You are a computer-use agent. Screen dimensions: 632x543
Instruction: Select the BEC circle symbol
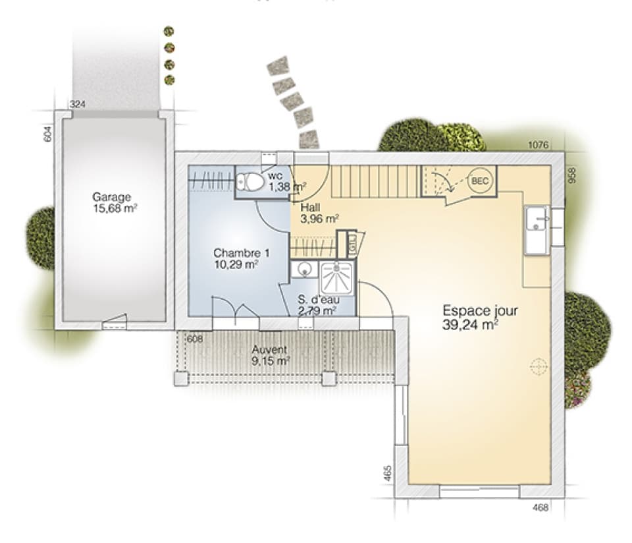click(480, 181)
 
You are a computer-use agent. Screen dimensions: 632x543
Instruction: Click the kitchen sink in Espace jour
click(537, 229)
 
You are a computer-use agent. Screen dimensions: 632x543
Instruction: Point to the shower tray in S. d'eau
click(337, 277)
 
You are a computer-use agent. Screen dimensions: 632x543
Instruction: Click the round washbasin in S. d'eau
click(304, 269)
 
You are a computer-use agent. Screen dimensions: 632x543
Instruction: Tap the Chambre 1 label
click(242, 253)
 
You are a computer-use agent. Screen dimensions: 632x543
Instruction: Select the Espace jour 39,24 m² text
click(480, 318)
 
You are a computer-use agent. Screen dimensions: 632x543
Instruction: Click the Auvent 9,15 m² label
click(271, 355)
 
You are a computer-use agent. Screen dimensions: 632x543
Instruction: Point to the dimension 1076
click(538, 145)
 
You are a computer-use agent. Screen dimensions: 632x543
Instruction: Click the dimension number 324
click(78, 104)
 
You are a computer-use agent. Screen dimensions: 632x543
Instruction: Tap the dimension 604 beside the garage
click(47, 134)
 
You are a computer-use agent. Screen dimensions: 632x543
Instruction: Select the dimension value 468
click(540, 507)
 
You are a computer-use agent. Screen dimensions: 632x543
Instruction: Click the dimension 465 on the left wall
click(387, 473)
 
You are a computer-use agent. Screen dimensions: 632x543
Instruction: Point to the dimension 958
click(572, 176)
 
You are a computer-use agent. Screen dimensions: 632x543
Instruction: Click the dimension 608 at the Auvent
click(195, 339)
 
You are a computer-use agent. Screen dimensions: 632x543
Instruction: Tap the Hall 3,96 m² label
click(319, 213)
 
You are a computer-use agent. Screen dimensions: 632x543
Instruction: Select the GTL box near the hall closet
click(352, 244)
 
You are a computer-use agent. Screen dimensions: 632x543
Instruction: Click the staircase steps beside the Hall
click(376, 181)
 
